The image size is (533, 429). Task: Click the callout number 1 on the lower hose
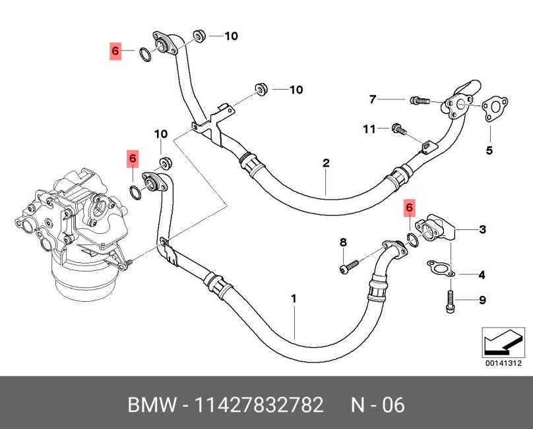(x=294, y=299)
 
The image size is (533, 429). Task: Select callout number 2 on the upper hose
(x=326, y=163)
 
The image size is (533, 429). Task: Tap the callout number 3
(x=483, y=229)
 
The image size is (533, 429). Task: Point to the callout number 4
(x=482, y=274)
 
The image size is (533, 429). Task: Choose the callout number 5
(x=489, y=150)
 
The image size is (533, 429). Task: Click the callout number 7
(x=373, y=100)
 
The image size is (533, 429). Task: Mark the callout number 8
(x=343, y=243)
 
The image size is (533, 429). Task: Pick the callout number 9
(x=482, y=300)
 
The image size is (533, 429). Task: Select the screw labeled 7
(x=419, y=101)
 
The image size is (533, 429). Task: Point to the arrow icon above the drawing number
(x=503, y=342)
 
